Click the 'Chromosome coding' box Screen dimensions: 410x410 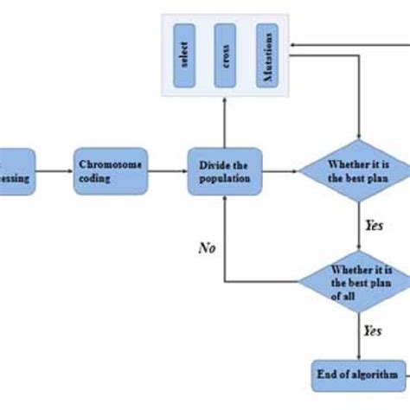tap(109, 170)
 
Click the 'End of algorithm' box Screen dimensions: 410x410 tap(357, 375)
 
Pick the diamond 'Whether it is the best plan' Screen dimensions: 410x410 tap(357, 170)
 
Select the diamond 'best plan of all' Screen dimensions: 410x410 tap(357, 279)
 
